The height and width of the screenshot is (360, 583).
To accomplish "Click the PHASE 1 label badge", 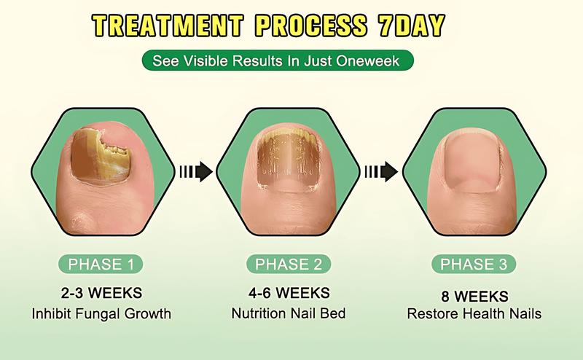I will tap(101, 264).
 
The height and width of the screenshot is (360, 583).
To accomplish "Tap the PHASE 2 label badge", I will tap(288, 264).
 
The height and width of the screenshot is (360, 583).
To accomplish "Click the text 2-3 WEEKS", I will tap(101, 295).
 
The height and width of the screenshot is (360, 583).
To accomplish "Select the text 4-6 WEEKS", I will tap(288, 295).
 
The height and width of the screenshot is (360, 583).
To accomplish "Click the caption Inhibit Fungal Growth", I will tap(101, 314).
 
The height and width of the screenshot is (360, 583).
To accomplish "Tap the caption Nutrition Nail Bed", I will tap(288, 314).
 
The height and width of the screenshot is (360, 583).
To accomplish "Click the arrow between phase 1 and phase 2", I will tap(195, 172).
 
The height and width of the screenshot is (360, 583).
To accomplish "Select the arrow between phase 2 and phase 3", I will tap(381, 172).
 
